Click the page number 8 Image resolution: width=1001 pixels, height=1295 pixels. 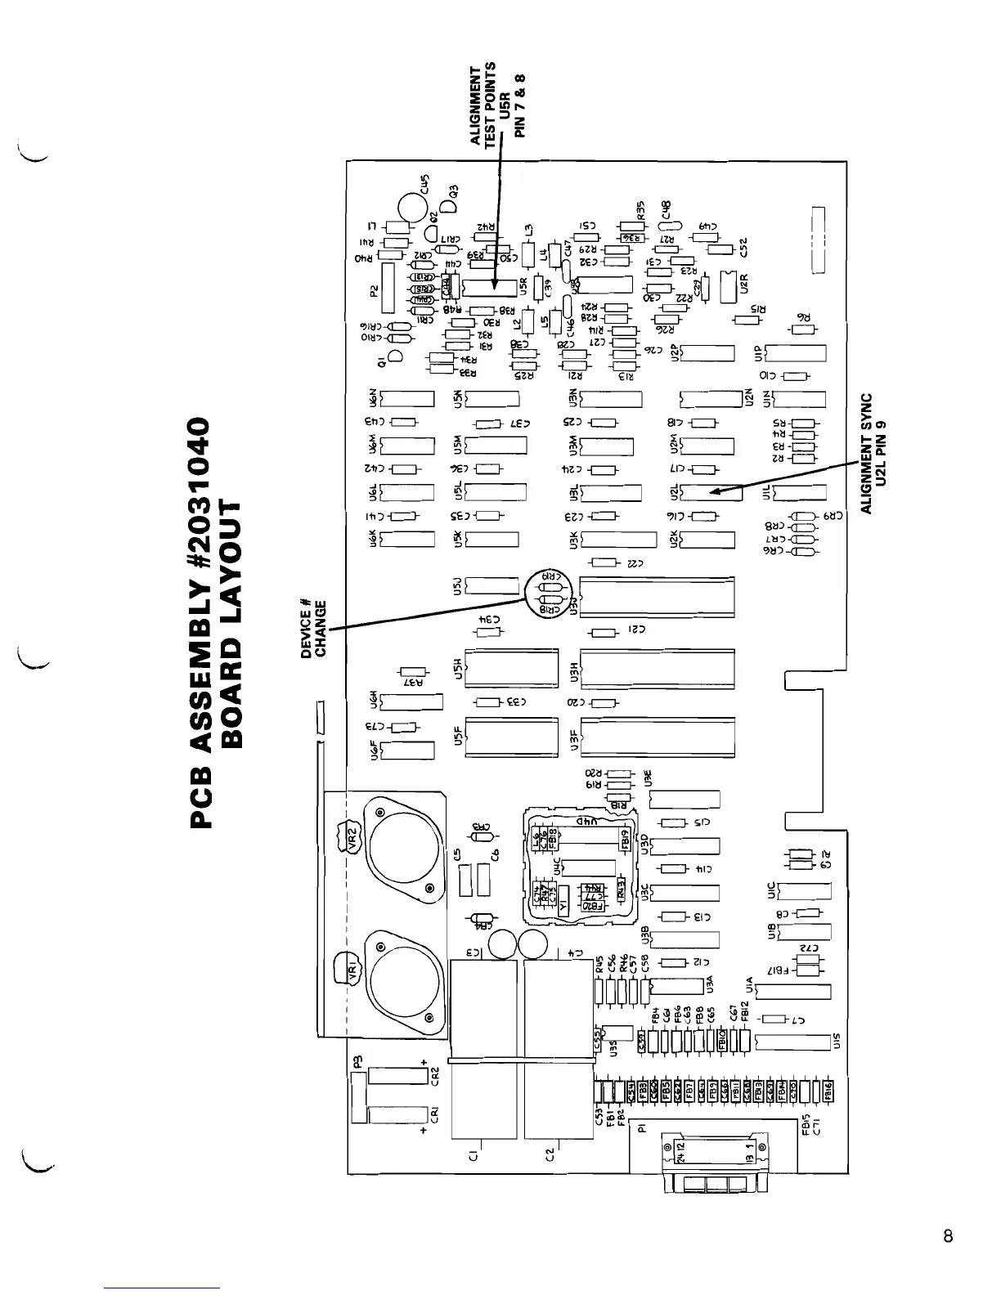click(x=948, y=1235)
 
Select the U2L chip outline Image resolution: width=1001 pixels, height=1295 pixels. click(x=707, y=492)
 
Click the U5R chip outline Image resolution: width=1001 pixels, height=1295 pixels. click(x=490, y=286)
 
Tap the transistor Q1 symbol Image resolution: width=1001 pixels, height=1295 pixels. click(x=396, y=356)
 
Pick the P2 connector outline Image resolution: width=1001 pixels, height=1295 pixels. click(x=388, y=287)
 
